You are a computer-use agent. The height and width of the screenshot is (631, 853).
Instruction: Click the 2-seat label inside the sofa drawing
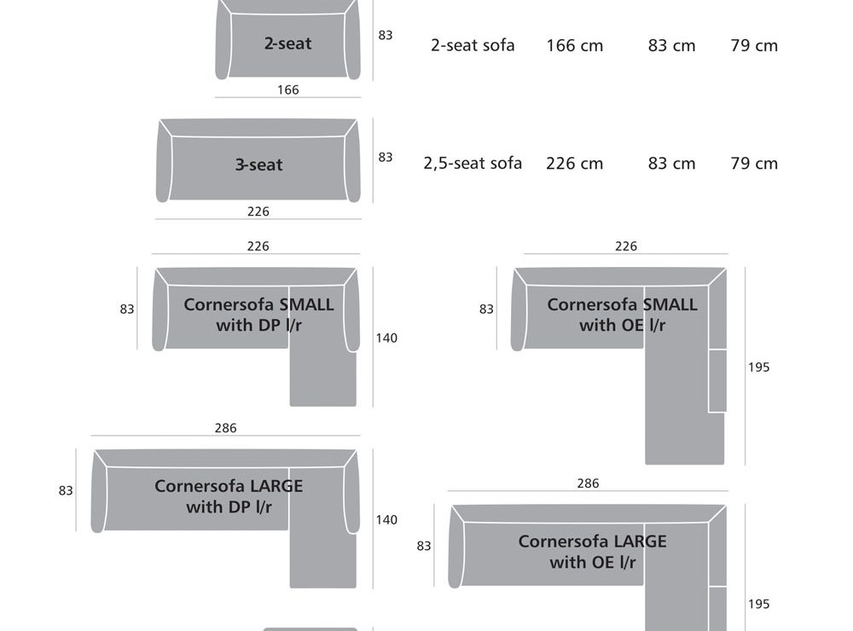[x=287, y=43]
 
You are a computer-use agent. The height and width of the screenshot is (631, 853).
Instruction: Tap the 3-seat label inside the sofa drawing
[x=258, y=165]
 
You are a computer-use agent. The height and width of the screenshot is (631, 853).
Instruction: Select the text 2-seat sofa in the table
[x=473, y=45]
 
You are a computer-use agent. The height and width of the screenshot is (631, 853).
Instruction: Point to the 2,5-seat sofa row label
[x=473, y=163]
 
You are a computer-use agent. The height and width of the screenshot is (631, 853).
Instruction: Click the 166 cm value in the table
[x=574, y=45]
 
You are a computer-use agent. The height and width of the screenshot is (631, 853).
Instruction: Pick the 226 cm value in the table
[x=574, y=163]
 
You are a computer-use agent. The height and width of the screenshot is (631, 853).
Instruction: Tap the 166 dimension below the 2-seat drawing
[x=288, y=90]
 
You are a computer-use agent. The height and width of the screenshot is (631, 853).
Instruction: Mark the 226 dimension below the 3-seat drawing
[x=258, y=211]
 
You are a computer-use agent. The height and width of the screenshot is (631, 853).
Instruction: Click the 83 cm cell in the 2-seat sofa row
[x=671, y=45]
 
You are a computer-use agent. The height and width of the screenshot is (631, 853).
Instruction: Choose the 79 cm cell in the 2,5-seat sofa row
[x=754, y=163]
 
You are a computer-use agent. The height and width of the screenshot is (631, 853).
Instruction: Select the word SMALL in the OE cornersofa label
[x=670, y=304]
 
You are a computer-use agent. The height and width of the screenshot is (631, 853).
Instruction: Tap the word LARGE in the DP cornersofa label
[x=276, y=486]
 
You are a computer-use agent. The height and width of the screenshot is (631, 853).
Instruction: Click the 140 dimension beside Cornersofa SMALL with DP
[x=386, y=338]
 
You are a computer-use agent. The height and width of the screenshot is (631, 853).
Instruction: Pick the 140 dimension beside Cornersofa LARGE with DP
[x=386, y=519]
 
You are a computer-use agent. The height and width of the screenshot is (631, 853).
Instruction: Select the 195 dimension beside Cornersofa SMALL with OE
[x=758, y=367]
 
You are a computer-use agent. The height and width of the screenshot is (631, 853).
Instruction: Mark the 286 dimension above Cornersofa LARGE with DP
[x=225, y=428]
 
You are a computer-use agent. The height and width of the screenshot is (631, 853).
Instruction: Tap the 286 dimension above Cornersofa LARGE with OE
[x=588, y=483]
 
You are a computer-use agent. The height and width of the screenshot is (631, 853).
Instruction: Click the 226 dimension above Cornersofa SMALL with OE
[x=625, y=246]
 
